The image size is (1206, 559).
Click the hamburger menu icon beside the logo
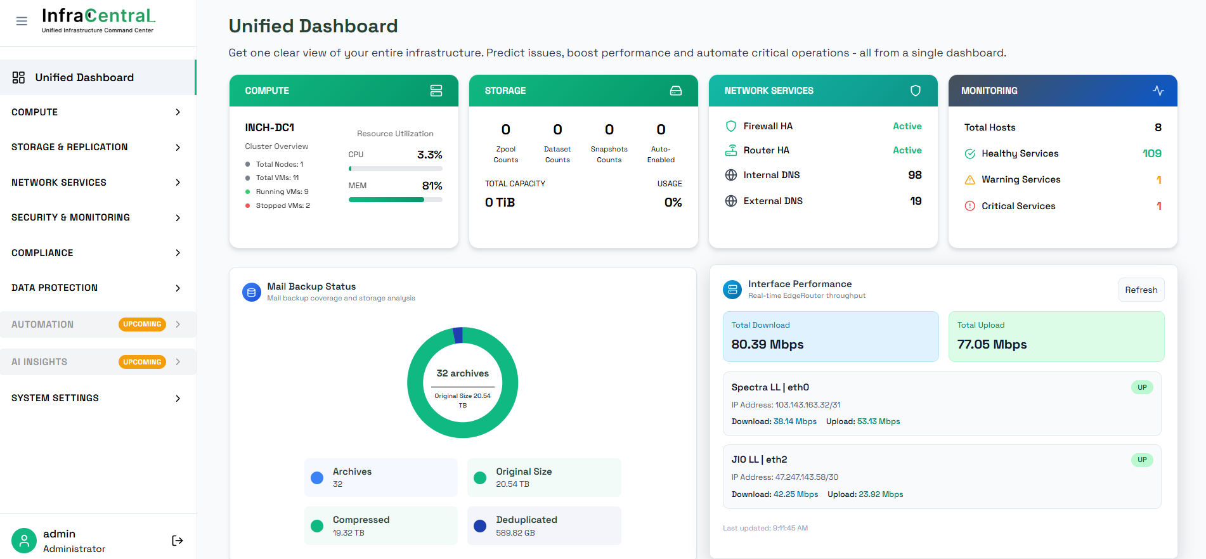tap(22, 21)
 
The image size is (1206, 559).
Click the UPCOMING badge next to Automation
tap(142, 324)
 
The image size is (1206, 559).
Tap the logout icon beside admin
tap(178, 541)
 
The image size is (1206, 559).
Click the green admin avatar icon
tap(24, 541)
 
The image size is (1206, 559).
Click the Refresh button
tap(1141, 290)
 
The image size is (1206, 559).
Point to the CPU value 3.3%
tap(429, 155)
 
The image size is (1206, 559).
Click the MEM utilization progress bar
tap(395, 200)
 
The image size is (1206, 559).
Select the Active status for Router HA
tap(907, 150)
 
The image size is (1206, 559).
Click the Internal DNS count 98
tap(914, 175)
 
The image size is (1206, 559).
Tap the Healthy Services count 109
tap(1151, 153)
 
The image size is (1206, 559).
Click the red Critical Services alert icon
tap(969, 206)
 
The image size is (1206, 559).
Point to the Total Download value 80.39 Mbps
tap(767, 344)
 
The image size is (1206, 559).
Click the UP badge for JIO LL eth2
tap(1141, 459)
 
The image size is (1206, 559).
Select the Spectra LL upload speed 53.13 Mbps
tap(878, 421)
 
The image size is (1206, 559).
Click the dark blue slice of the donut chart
tap(458, 335)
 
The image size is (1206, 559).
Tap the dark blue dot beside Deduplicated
tap(480, 526)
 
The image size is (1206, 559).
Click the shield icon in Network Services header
tap(915, 91)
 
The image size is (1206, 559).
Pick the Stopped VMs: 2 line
tap(282, 205)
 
